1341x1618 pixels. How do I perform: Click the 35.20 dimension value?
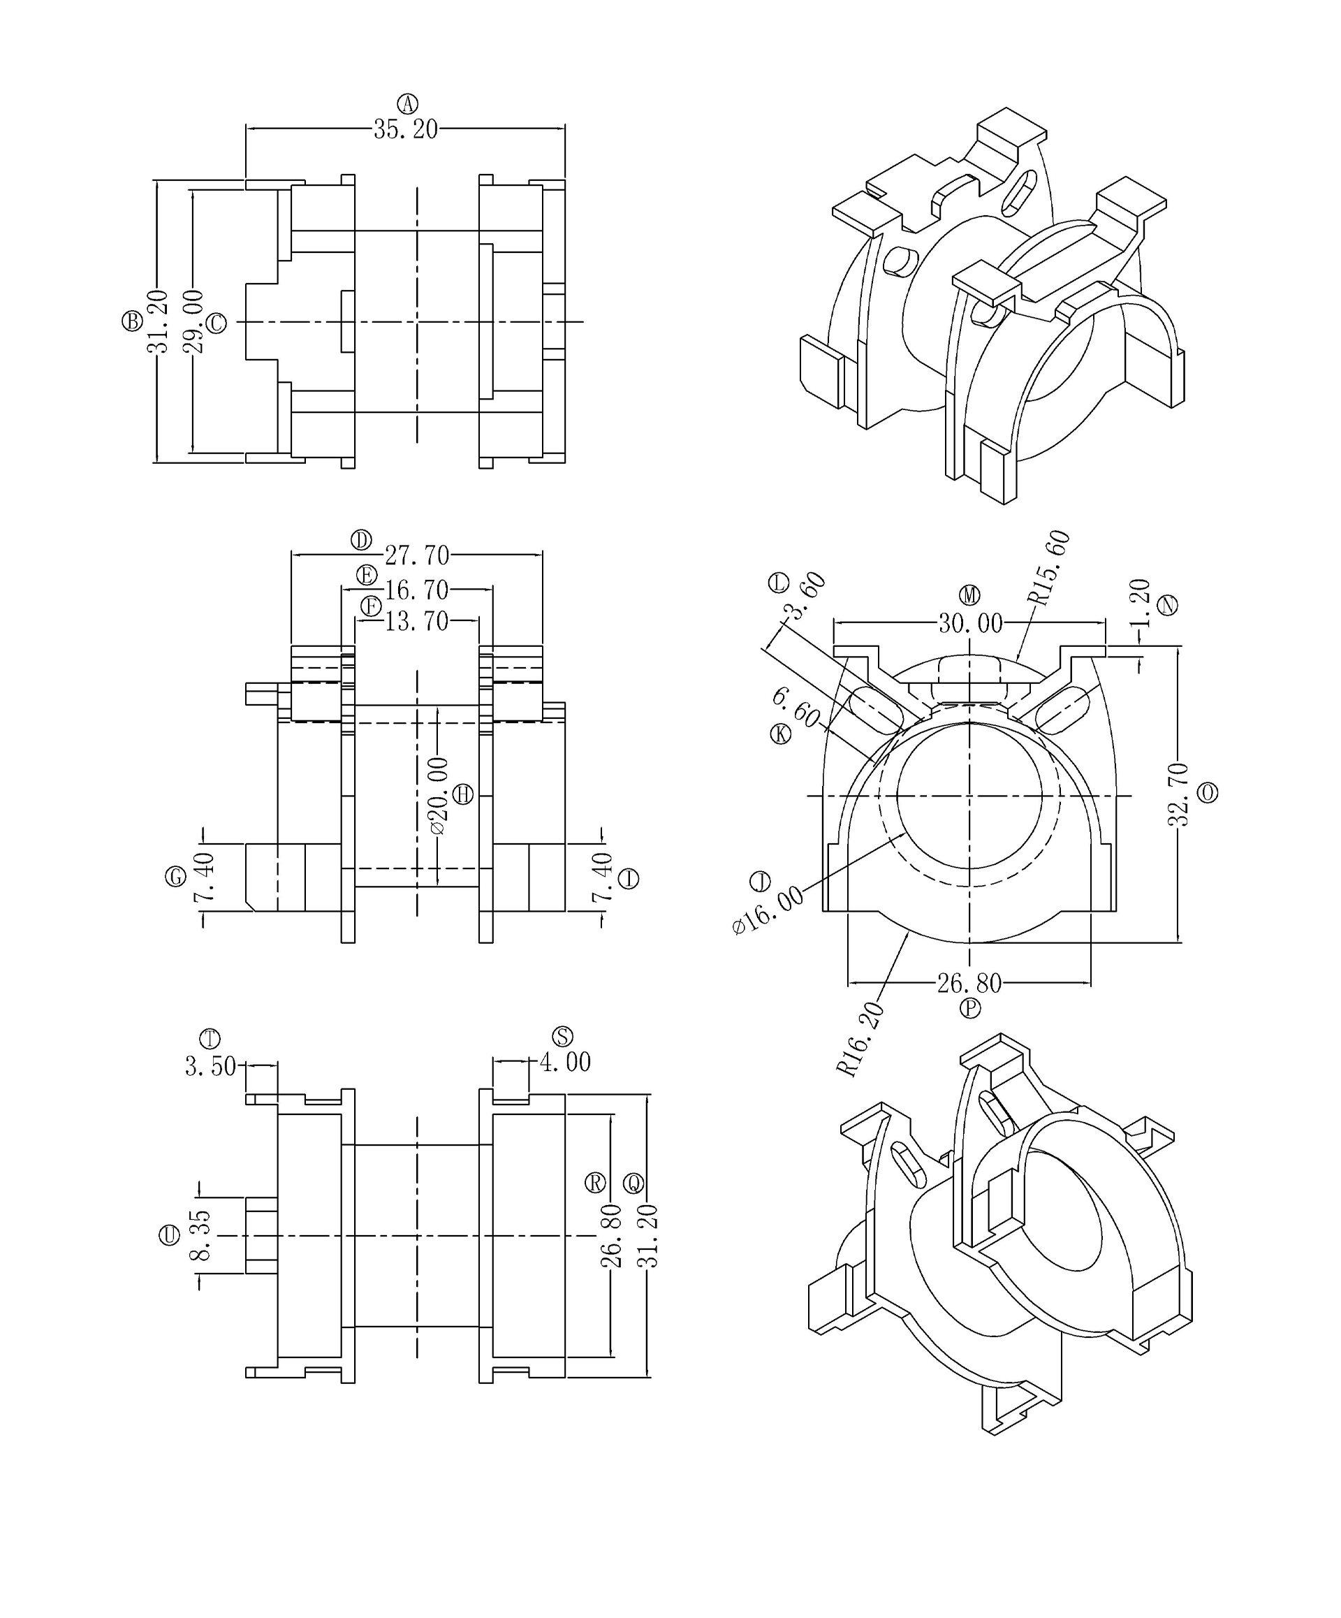[x=405, y=129]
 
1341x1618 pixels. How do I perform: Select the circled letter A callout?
[x=407, y=103]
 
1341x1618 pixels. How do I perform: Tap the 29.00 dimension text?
[x=194, y=321]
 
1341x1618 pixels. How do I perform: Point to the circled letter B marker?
[x=132, y=321]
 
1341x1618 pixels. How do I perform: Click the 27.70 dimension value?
[x=417, y=555]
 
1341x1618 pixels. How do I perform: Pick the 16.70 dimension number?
[x=417, y=590]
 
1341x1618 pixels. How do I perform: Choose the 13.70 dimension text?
[x=417, y=620]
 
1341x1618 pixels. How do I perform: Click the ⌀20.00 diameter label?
[x=437, y=795]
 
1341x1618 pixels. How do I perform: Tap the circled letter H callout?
[x=463, y=794]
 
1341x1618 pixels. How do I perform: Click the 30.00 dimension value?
[x=969, y=622]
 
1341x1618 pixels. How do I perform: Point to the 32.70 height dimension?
[x=1178, y=794]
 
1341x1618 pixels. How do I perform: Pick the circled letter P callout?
[x=969, y=1008]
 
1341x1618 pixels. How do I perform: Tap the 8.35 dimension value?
[x=200, y=1234]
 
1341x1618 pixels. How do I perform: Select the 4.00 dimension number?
[x=564, y=1063]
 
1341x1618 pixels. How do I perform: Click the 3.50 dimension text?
[x=210, y=1066]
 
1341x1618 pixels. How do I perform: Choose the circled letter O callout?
[x=1207, y=793]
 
